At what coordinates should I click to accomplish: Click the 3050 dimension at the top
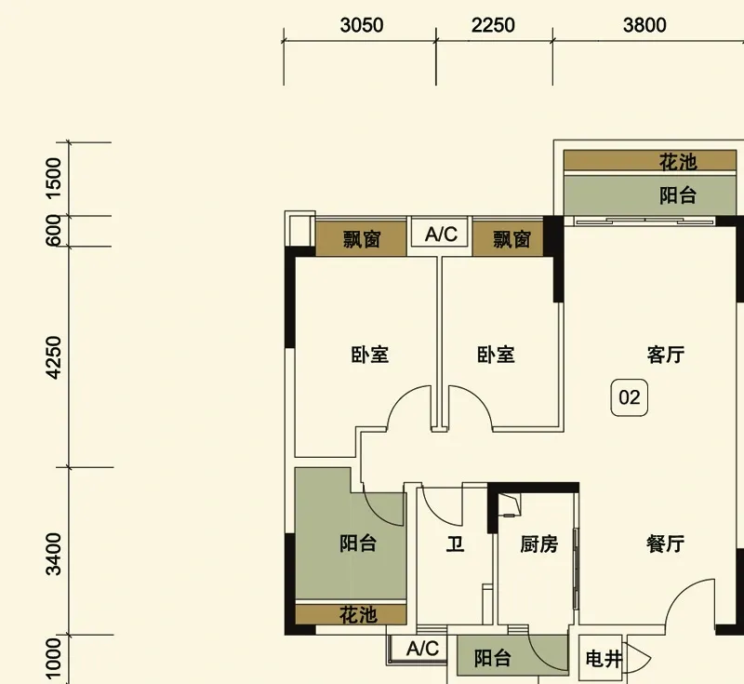click(361, 26)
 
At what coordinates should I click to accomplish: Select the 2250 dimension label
click(493, 26)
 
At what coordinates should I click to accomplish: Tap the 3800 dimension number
click(644, 26)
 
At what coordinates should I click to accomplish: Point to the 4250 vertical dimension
click(54, 357)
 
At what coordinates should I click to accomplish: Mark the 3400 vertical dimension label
click(54, 553)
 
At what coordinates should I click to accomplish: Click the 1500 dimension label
click(54, 177)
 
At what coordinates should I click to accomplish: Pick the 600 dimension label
click(54, 231)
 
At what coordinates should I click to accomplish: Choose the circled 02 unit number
click(630, 398)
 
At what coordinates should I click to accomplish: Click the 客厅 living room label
click(666, 355)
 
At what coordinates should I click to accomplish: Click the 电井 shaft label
click(603, 660)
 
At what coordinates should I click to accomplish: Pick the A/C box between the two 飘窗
click(441, 235)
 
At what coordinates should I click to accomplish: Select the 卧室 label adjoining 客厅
click(496, 355)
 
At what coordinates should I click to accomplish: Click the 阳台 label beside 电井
click(493, 659)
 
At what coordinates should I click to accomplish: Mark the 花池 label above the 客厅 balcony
click(678, 162)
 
